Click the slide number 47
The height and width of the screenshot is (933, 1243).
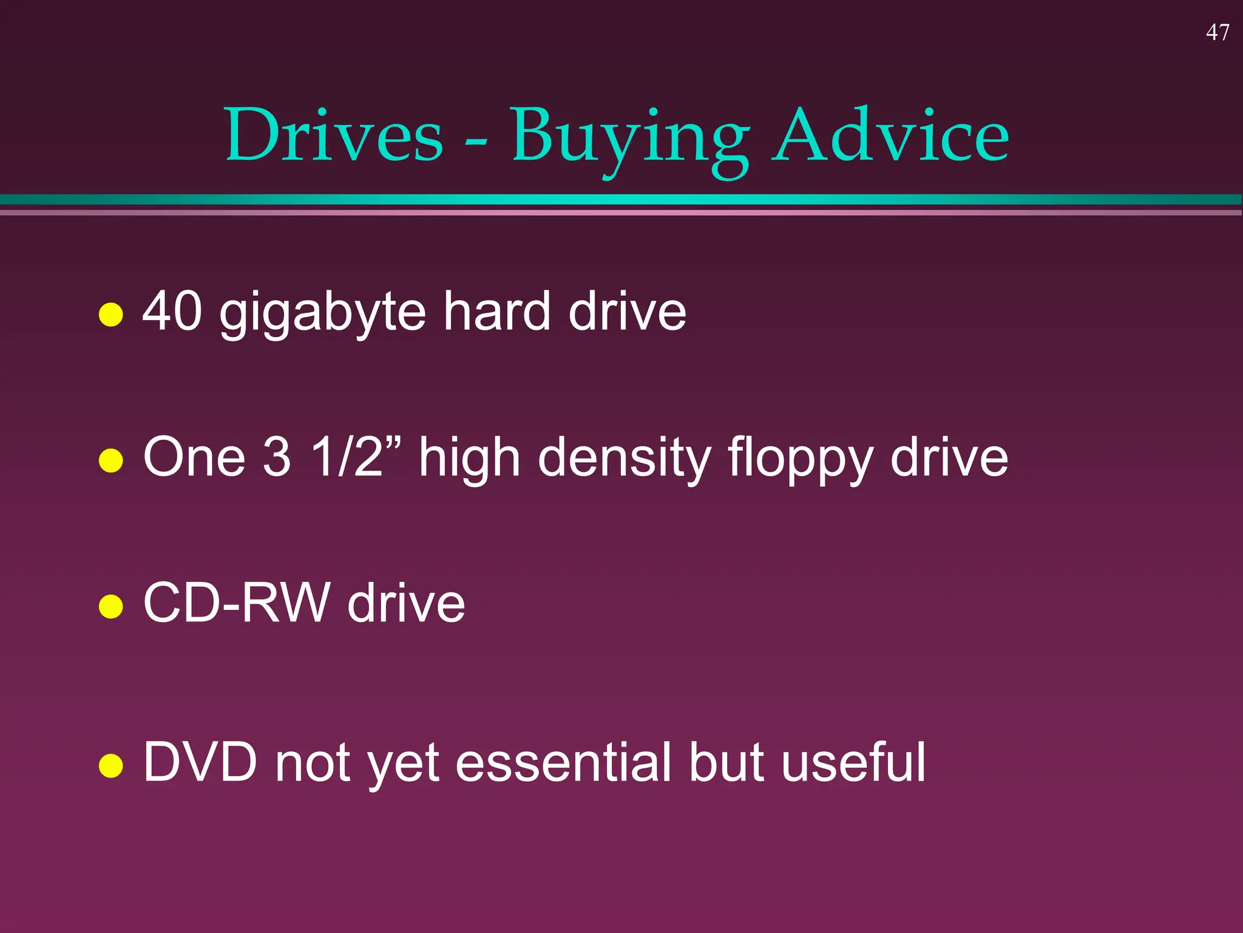point(1217,32)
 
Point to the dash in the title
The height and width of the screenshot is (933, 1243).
point(476,144)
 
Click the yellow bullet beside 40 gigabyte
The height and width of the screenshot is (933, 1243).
point(111,314)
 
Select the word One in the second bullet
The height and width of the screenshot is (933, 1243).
point(194,457)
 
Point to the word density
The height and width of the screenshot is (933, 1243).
point(624,459)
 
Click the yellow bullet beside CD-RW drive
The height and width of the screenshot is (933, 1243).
point(111,606)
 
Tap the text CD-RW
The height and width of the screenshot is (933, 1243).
point(236,603)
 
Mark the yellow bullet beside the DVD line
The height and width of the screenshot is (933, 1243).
point(111,765)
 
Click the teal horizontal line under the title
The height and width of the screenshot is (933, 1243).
point(621,199)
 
